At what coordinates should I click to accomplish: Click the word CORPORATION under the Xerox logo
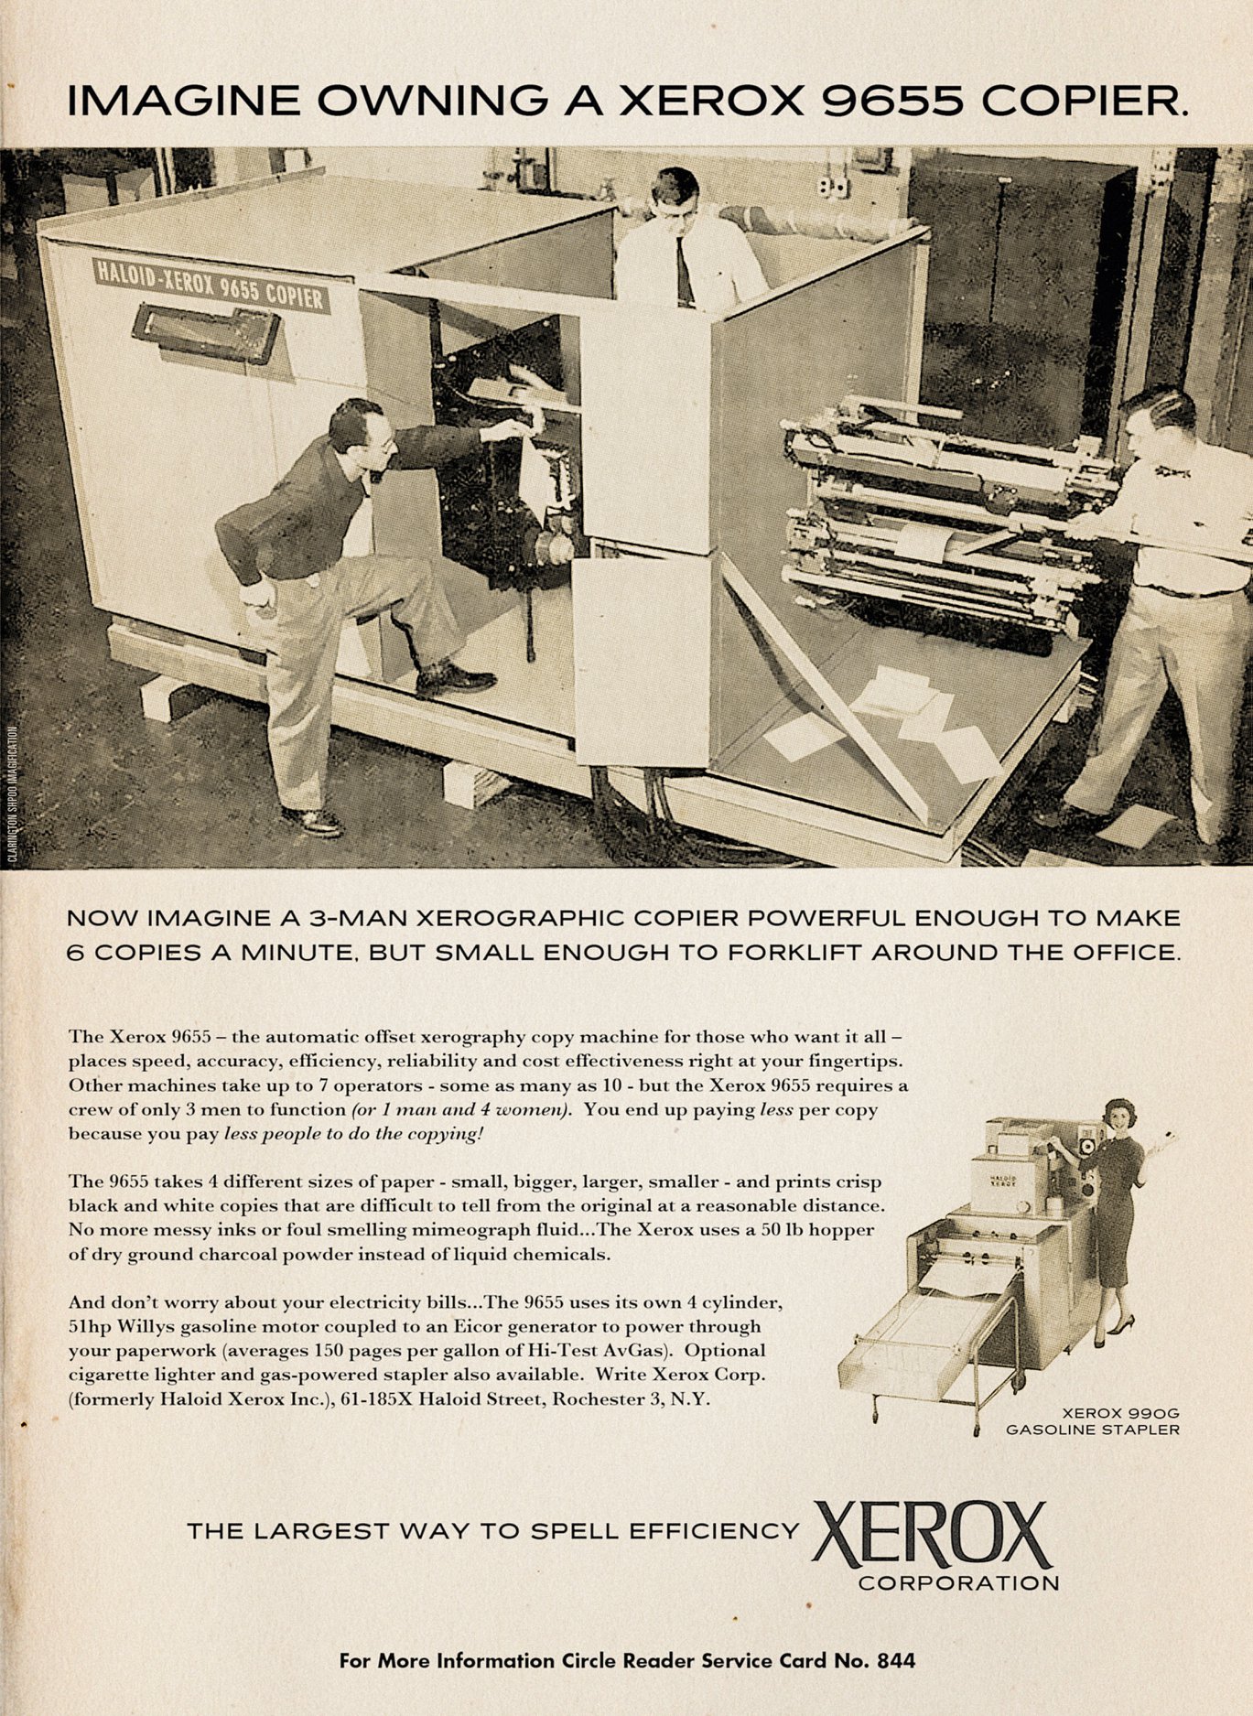(x=958, y=1582)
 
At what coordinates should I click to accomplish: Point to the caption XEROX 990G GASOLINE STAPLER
(x=1092, y=1419)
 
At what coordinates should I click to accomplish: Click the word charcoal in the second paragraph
(x=216, y=1254)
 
